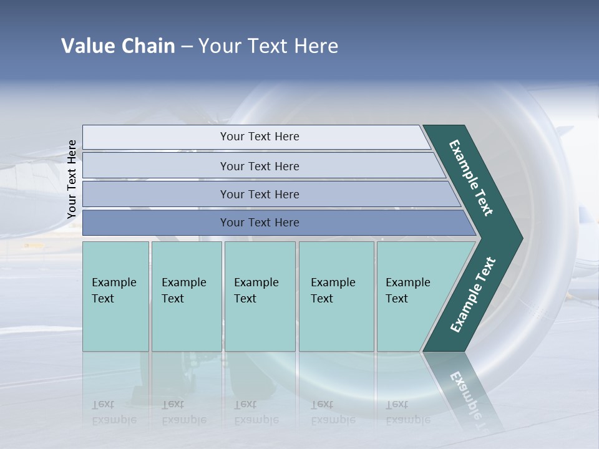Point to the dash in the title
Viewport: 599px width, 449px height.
187,47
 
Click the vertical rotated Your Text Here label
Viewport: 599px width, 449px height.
72,180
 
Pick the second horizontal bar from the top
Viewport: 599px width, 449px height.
259,166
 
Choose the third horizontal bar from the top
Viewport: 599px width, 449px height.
259,194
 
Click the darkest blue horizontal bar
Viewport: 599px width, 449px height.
259,223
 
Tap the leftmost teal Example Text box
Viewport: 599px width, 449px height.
115,296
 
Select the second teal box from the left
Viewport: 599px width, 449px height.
186,296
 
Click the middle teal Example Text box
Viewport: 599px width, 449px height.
260,296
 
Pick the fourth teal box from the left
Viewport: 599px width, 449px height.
336,296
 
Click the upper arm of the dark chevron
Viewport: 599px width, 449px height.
472,178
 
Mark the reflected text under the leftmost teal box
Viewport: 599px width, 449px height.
114,412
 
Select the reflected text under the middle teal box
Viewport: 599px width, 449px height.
256,412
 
